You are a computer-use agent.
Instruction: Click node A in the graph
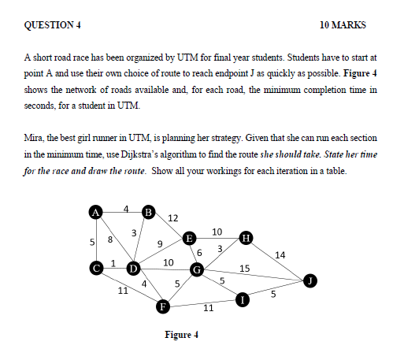click(95, 212)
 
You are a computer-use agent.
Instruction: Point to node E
click(189, 237)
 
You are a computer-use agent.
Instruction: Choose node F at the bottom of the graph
click(164, 306)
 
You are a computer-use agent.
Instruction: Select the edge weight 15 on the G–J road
click(244, 269)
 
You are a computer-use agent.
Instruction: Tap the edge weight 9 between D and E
click(159, 243)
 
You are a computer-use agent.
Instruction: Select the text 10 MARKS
click(343, 25)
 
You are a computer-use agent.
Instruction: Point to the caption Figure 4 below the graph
click(181, 335)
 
